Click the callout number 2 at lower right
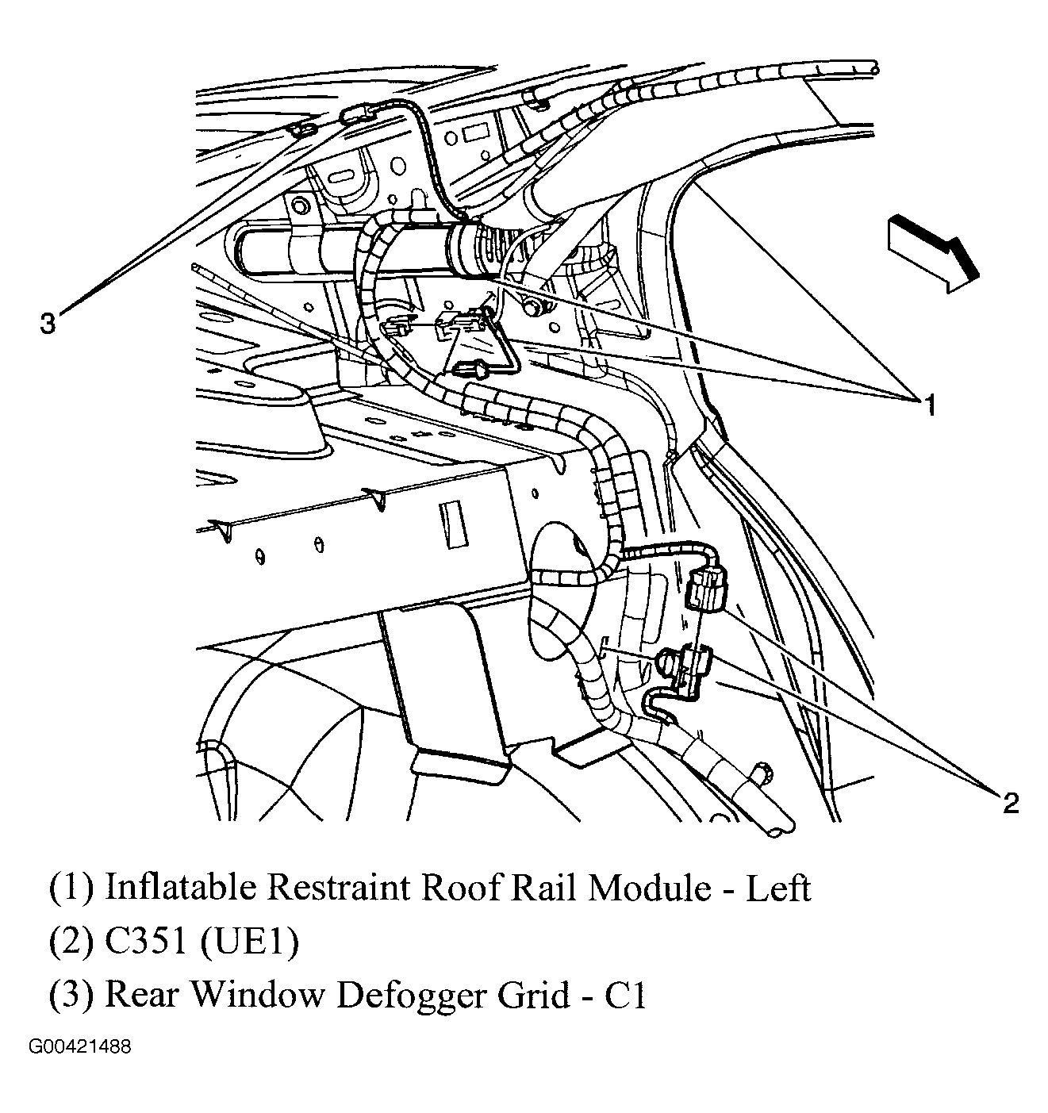[1010, 804]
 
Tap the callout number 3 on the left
[48, 324]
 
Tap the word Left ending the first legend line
[777, 888]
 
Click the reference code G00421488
[80, 1047]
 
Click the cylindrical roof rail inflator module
[357, 252]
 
